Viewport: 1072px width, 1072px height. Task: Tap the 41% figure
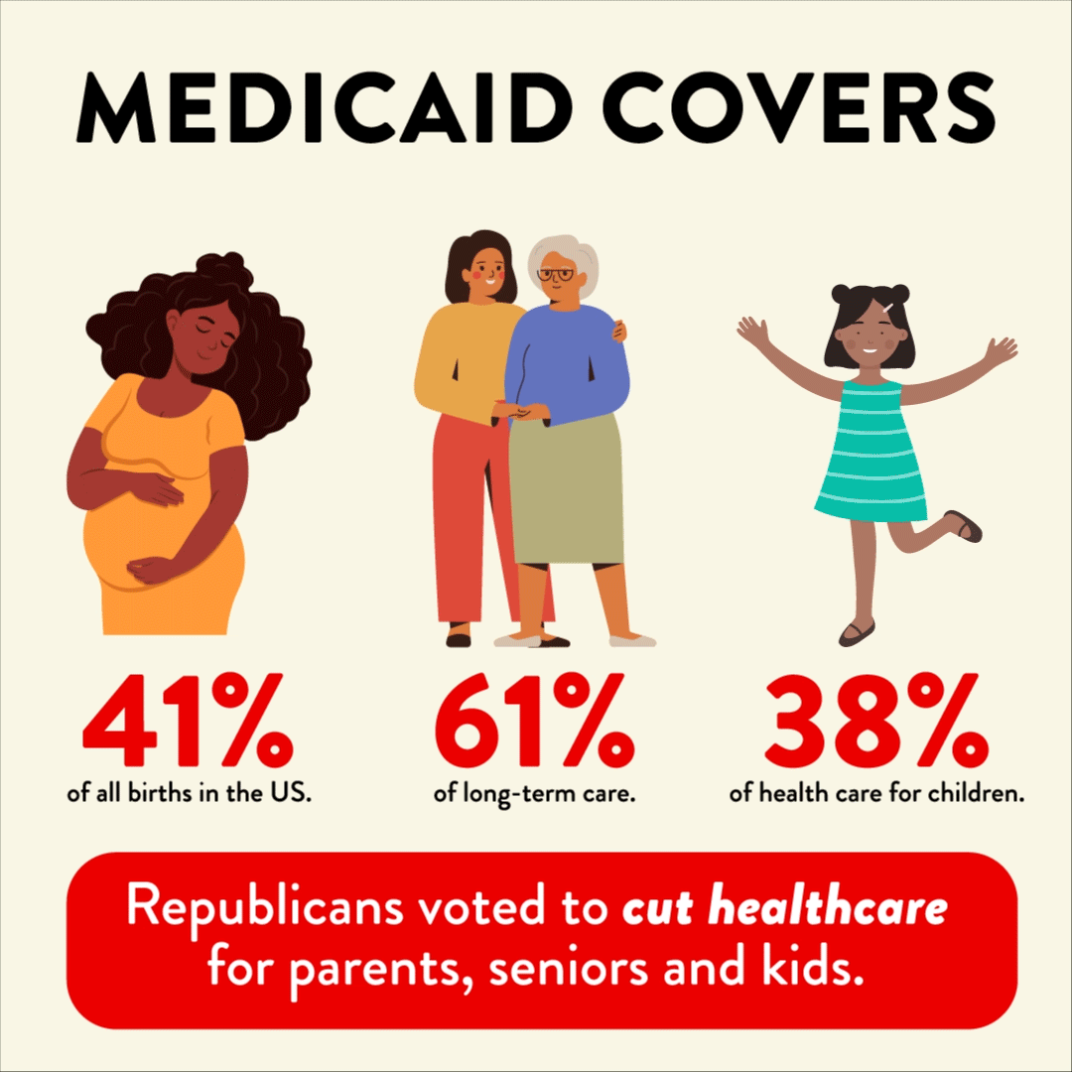[x=189, y=717]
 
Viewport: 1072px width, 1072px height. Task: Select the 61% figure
[x=535, y=717]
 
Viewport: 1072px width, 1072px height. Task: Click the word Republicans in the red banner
[x=254, y=909]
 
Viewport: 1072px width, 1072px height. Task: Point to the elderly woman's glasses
[x=562, y=274]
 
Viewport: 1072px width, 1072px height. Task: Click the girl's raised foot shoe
[x=965, y=525]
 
